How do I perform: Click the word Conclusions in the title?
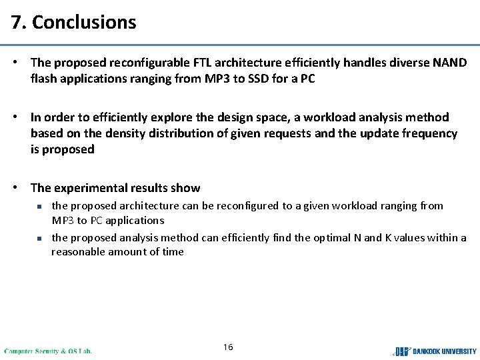(84, 22)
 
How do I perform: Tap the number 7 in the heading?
(16, 22)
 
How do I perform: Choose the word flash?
(44, 79)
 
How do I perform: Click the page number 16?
(228, 347)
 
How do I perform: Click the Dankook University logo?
(435, 351)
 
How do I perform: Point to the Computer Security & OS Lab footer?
(48, 351)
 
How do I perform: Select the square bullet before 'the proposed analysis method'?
(39, 238)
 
